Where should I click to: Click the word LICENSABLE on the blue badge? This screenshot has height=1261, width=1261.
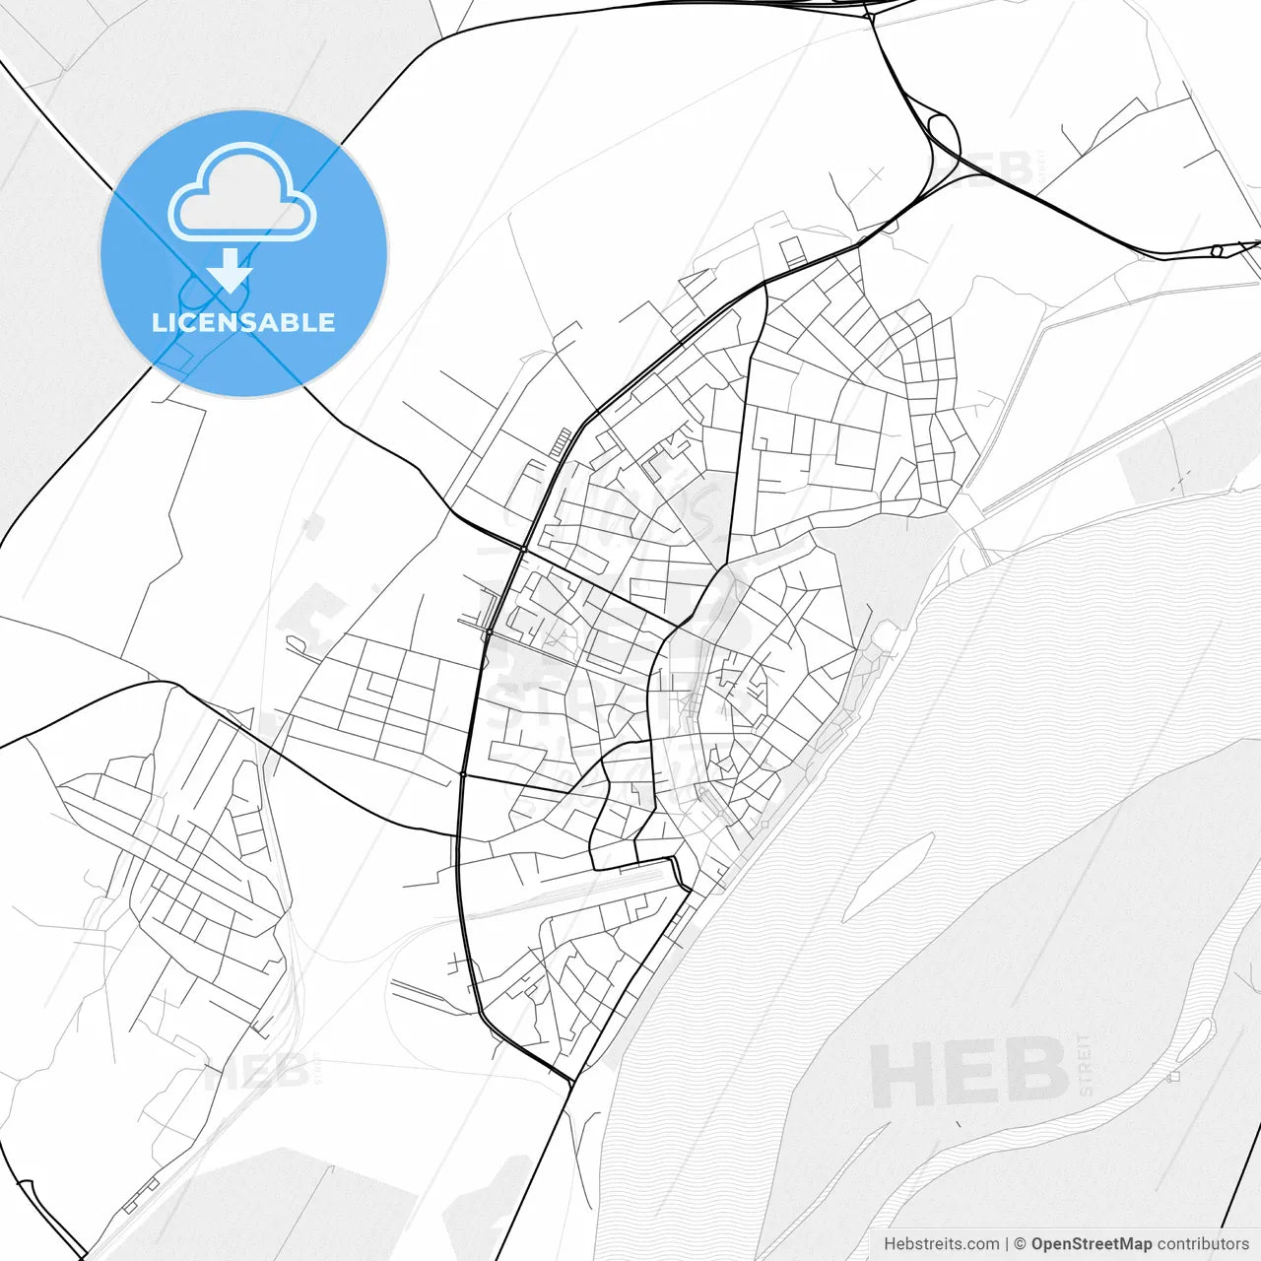coord(243,322)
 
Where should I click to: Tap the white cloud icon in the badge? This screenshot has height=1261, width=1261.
coord(242,193)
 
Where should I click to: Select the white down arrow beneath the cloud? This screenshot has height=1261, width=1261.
coord(231,270)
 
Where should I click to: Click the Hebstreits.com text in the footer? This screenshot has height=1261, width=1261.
coord(941,1244)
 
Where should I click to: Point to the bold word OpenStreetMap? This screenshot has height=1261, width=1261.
coord(1092,1244)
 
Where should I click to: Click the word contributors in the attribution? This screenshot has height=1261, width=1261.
coord(1203,1244)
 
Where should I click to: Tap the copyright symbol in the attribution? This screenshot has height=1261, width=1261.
coord(1020,1244)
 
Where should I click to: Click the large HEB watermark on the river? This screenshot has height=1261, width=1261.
coord(969,1073)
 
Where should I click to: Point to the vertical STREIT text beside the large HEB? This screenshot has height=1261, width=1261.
coord(1086,1064)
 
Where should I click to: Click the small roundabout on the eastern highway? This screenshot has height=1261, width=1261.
coord(1217,251)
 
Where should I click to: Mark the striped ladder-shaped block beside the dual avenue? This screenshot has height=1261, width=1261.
coord(561,443)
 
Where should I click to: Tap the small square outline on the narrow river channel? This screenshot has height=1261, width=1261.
coord(1173,1077)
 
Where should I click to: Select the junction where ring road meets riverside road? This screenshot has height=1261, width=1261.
coord(571,1082)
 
